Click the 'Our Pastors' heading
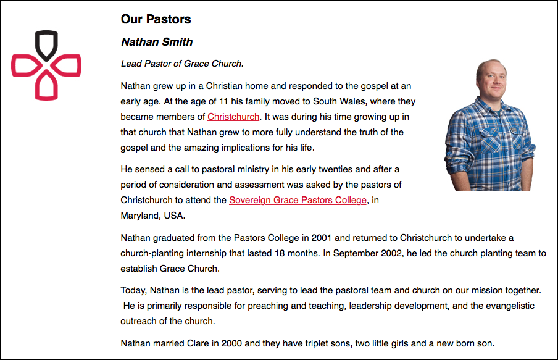click(x=156, y=19)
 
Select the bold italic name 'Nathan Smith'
click(x=157, y=42)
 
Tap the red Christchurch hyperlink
click(x=234, y=117)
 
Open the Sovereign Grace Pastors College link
click(x=298, y=200)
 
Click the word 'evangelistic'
click(x=509, y=306)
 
